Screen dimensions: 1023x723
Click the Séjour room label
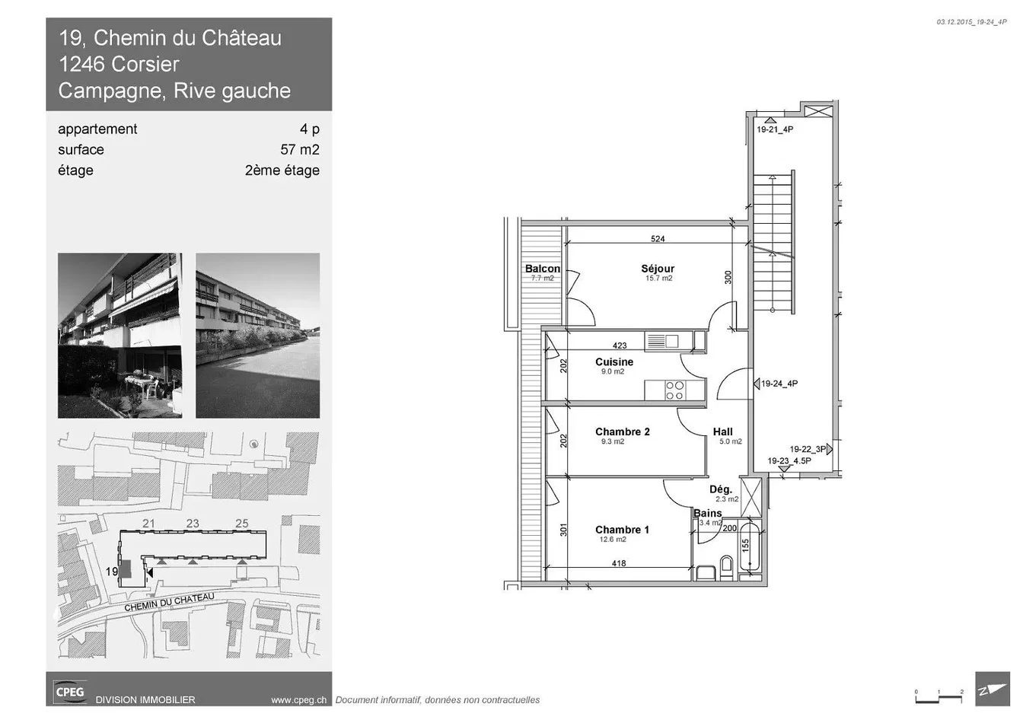pos(658,269)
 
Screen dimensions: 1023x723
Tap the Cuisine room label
pos(614,361)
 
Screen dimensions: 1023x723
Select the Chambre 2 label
pos(622,432)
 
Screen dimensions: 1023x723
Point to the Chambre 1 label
pos(622,530)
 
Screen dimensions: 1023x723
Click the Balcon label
pos(543,269)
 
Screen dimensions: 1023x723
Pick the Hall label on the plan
pos(723,432)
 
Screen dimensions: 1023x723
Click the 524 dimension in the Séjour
pos(658,238)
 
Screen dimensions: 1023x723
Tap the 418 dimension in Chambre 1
pos(619,563)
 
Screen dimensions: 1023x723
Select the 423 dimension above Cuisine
pos(620,346)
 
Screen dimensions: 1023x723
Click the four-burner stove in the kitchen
pos(674,390)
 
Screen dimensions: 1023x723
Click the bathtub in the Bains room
pos(750,547)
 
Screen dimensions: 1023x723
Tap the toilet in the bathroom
pos(726,566)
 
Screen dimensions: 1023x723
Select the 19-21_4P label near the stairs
pos(775,129)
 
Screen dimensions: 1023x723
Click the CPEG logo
pos(69,692)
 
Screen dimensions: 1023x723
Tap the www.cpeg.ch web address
pos(298,699)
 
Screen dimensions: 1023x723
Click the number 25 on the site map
pos(241,524)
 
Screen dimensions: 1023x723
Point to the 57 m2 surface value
pos(300,149)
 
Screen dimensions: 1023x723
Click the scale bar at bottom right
pos(939,699)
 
